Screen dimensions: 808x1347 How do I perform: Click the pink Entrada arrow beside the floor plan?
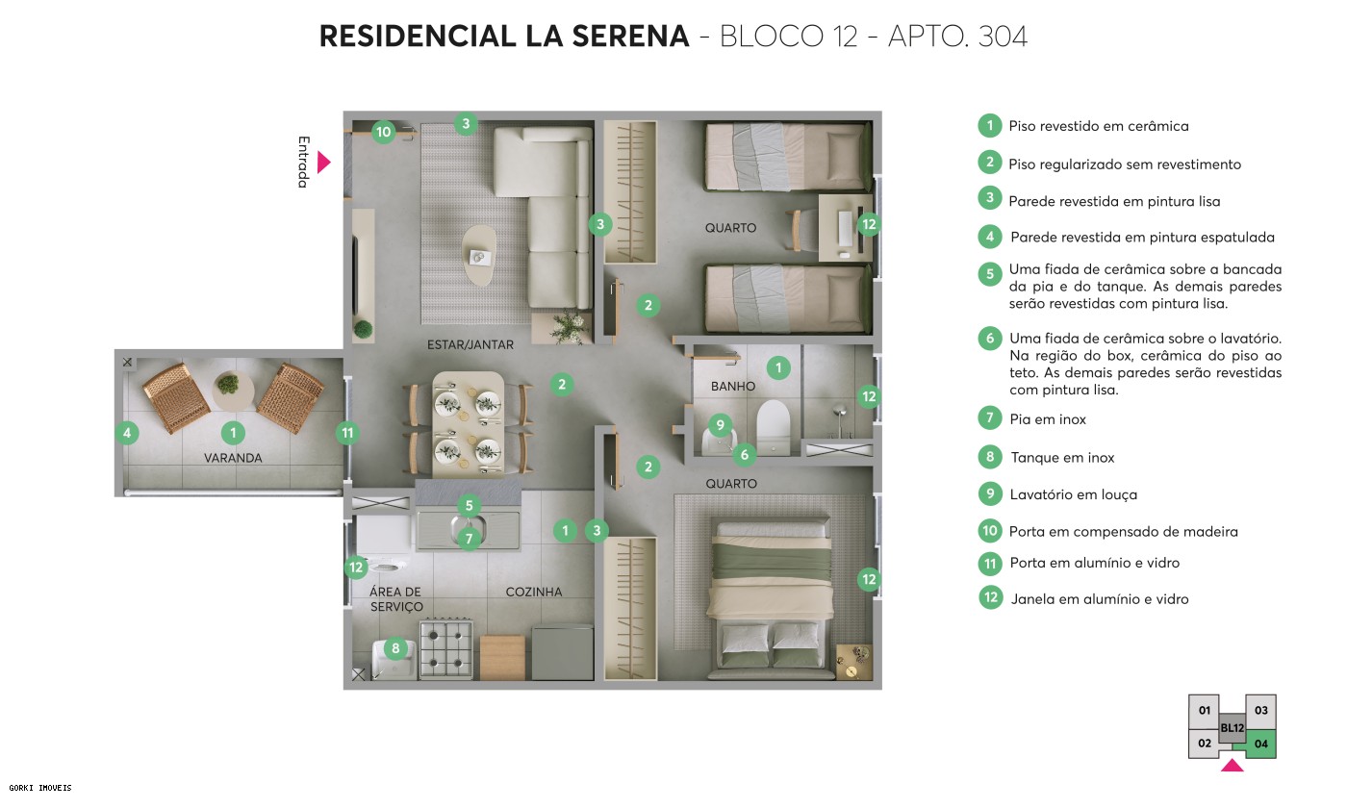click(x=323, y=163)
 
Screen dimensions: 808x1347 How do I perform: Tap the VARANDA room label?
click(x=233, y=458)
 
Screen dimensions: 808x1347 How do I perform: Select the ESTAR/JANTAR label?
click(x=470, y=344)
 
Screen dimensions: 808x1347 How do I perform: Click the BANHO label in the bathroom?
click(x=733, y=387)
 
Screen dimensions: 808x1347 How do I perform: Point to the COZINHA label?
click(x=534, y=593)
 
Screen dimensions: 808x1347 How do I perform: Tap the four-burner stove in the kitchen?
click(x=445, y=649)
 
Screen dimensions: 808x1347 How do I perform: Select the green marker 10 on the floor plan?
click(x=383, y=132)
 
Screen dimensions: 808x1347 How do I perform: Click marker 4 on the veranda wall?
click(x=127, y=433)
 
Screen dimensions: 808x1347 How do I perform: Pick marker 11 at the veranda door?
click(x=347, y=433)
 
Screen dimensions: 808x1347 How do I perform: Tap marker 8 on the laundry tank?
click(x=395, y=648)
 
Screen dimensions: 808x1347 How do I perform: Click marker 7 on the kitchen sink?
click(x=469, y=539)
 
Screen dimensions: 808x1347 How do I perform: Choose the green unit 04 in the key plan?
click(x=1261, y=743)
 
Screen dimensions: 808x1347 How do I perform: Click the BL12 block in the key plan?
click(x=1233, y=728)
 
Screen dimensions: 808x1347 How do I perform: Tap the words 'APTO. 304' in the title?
click(x=957, y=37)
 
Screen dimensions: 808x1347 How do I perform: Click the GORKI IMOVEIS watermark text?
click(x=37, y=788)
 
